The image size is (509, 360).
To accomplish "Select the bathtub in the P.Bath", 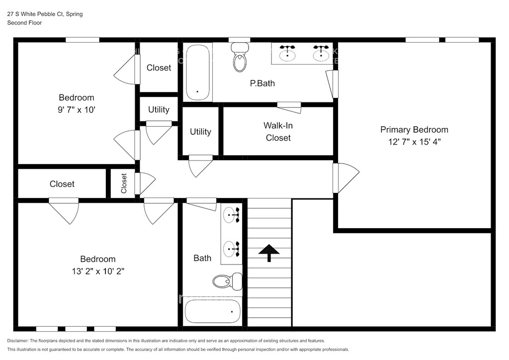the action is click(x=198, y=73).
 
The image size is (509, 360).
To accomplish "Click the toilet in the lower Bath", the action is click(x=228, y=281).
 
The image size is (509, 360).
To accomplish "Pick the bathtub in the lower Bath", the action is click(x=213, y=311).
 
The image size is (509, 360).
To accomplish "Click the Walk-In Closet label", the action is click(x=278, y=131).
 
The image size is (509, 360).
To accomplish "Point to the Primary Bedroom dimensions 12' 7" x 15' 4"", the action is click(x=414, y=142).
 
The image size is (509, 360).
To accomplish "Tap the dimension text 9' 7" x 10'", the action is click(x=76, y=110).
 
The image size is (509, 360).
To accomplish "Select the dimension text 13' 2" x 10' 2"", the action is click(x=98, y=271).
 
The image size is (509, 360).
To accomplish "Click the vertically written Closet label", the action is click(x=124, y=183).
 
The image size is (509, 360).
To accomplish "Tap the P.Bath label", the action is click(x=262, y=84).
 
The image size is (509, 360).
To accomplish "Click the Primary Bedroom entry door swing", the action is click(x=346, y=178).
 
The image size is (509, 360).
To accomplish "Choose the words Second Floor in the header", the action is click(x=25, y=23).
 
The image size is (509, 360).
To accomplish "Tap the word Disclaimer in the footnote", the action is click(x=17, y=341).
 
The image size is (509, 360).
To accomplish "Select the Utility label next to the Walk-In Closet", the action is click(x=200, y=131).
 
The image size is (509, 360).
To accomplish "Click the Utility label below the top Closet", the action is click(x=159, y=109).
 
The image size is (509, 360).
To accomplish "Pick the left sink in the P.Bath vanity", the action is click(x=288, y=54).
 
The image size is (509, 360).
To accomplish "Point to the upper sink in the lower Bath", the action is click(x=232, y=215).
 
